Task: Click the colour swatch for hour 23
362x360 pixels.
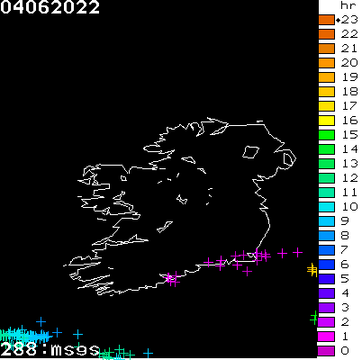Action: coord(326,20)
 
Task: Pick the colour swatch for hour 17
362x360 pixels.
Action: coord(326,106)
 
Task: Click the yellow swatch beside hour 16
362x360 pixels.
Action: coord(326,121)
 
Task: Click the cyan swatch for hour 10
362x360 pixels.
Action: coord(326,207)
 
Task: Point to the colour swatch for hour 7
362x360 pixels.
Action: coord(326,250)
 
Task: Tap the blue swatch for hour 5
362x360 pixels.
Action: coord(326,279)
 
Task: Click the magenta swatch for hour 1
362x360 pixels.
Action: coord(326,337)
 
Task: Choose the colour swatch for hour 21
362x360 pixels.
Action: coord(326,49)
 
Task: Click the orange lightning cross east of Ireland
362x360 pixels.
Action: coord(312,268)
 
